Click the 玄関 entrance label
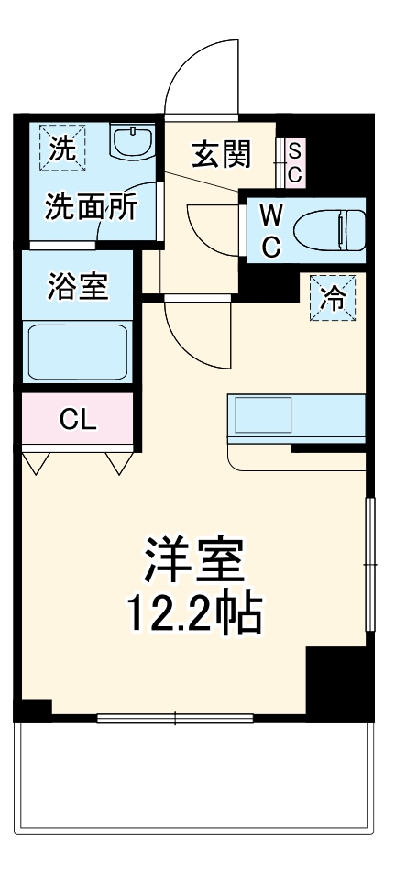[x=221, y=156]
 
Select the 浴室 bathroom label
[x=78, y=287]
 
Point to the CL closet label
[x=78, y=420]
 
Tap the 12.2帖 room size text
[x=193, y=614]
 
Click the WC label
[x=270, y=230]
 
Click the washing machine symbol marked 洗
[x=61, y=147]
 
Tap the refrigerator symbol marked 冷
[x=335, y=298]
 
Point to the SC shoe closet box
[x=295, y=160]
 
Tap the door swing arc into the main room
[x=192, y=335]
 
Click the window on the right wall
[x=369, y=564]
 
